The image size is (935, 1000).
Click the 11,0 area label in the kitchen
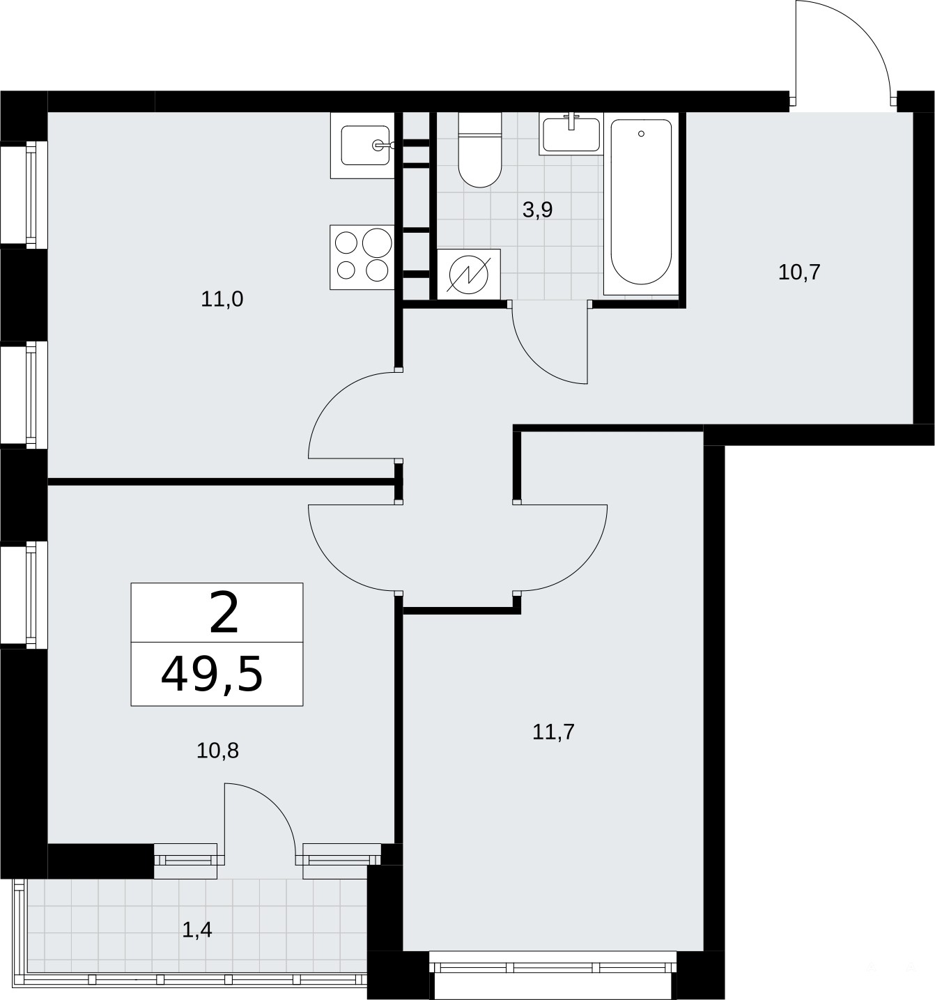222,300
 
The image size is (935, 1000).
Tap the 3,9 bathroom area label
537,210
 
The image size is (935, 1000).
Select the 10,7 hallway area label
799,272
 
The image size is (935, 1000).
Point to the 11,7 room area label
553,732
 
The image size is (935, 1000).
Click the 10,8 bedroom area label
217,751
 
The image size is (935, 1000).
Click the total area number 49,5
212,675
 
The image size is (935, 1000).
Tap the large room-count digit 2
224,613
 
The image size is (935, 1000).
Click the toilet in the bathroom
480,150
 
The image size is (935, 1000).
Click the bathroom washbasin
571,133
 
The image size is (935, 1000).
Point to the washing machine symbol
469,275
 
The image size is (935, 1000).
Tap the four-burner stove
362,257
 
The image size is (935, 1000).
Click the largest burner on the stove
377,243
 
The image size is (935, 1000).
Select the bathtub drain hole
641,134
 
